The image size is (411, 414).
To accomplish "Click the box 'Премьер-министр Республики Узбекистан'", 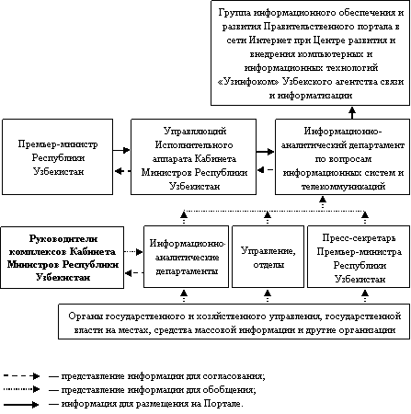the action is tap(58, 156).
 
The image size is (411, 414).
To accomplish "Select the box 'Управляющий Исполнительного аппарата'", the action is tap(194, 156).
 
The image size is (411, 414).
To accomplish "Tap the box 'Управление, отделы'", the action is tap(268, 257).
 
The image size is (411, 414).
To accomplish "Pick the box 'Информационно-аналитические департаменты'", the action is tap(187, 257).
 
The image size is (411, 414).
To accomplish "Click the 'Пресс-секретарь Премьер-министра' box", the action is tap(359, 257).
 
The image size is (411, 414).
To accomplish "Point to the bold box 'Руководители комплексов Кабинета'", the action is tap(63, 258).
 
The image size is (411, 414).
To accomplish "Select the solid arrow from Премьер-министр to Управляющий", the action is tap(121, 150).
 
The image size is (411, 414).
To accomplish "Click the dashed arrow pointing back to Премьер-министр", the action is tap(122, 171).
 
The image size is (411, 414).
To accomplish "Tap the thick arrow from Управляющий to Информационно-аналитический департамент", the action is tap(266, 151).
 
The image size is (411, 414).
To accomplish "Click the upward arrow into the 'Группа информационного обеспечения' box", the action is tap(352, 112).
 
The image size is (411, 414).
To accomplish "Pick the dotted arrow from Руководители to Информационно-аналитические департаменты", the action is tap(133, 252).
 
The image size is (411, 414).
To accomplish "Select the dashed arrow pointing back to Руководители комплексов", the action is tap(134, 272).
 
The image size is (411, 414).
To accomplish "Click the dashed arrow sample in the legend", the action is tap(21, 376).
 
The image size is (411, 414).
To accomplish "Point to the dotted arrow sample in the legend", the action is tap(21, 389).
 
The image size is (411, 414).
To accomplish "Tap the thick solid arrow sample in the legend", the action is tap(21, 405).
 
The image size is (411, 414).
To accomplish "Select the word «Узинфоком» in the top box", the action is tap(248, 82).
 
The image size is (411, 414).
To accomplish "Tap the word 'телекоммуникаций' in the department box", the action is tap(343, 187).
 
